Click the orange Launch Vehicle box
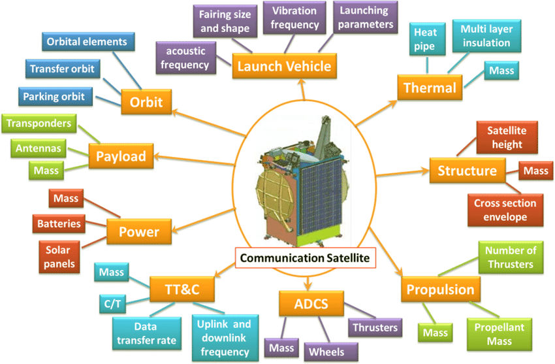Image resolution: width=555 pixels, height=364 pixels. click(284, 66)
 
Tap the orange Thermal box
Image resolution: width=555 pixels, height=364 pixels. click(430, 88)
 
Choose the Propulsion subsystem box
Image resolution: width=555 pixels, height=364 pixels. click(440, 290)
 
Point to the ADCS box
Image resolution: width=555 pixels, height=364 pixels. click(311, 303)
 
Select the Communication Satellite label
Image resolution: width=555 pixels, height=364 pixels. click(304, 258)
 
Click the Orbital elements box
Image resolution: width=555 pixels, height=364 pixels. click(91, 42)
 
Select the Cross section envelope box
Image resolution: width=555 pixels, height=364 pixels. click(506, 210)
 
